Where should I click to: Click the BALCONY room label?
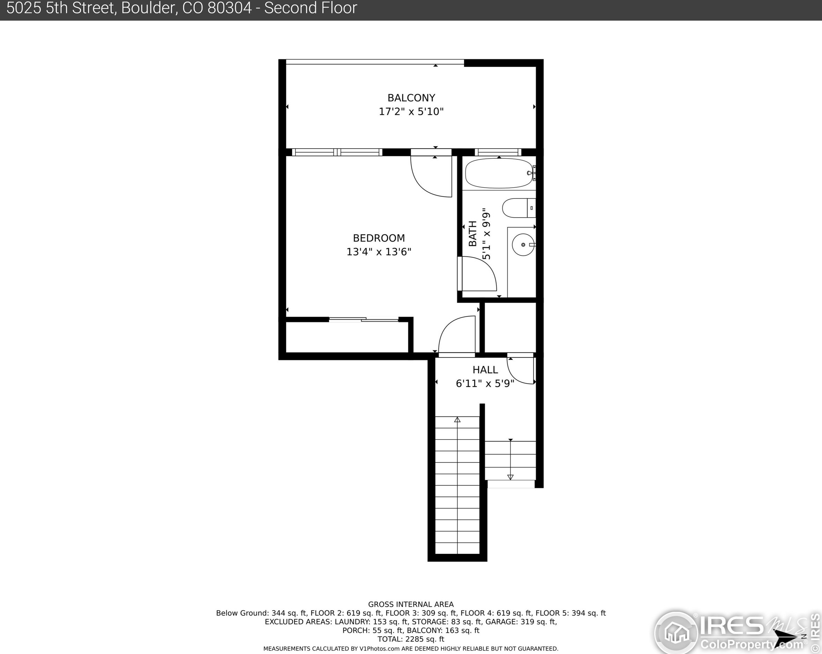[411, 98]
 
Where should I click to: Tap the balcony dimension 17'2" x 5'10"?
[411, 112]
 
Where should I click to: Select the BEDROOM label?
[379, 238]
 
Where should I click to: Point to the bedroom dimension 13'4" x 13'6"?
[379, 252]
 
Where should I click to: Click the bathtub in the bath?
[499, 173]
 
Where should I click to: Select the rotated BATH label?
[472, 234]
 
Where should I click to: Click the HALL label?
[485, 370]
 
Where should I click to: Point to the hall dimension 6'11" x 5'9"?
[485, 383]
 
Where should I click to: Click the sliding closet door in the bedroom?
[364, 320]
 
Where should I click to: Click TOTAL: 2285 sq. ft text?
[411, 639]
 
